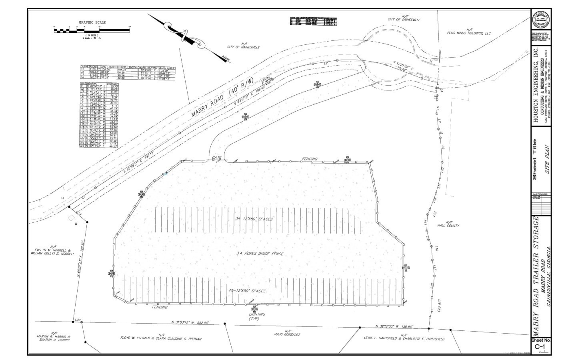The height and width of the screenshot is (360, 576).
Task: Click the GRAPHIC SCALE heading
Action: click(92, 22)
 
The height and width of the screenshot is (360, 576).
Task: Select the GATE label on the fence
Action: click(217, 157)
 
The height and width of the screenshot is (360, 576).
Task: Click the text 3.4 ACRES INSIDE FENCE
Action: click(260, 254)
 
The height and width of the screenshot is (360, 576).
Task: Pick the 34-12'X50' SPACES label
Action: click(254, 219)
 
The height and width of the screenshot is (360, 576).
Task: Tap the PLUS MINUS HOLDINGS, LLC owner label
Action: click(468, 34)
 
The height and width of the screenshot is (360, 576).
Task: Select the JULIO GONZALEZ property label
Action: click(287, 333)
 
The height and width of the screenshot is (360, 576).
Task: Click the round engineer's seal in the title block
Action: click(540, 19)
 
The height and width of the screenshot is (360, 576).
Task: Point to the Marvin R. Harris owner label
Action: click(54, 337)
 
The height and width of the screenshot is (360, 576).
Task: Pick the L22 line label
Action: click(78, 320)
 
